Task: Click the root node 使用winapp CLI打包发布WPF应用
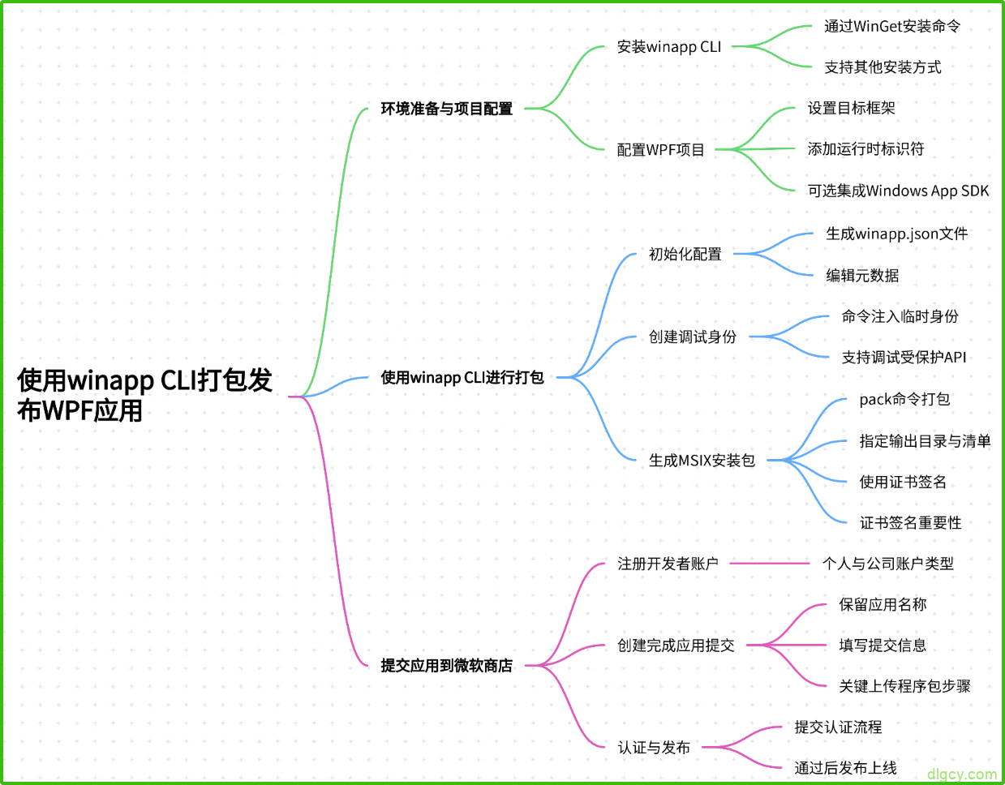[x=144, y=395]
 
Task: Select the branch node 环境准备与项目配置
[x=446, y=109]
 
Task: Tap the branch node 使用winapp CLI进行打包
[x=462, y=377]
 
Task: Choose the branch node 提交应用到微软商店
[x=446, y=666]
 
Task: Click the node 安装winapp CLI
[x=668, y=47]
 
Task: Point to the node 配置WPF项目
[x=660, y=150]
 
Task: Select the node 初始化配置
[x=685, y=255]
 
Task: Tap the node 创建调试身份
[x=692, y=337]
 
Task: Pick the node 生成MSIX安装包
[x=702, y=461]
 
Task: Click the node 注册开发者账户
[x=668, y=564]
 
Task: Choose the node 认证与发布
[x=654, y=748]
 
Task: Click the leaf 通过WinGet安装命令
[x=891, y=27]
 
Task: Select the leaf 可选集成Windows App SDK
[x=898, y=191]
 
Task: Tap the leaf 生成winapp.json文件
[x=896, y=234]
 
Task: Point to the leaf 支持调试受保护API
[x=904, y=358]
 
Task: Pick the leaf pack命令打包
[x=904, y=399]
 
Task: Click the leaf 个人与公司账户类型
[x=887, y=564]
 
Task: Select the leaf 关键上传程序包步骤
[x=904, y=687]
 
